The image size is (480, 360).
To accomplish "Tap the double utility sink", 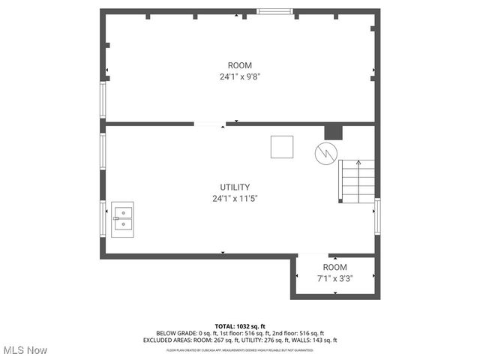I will (x=122, y=219).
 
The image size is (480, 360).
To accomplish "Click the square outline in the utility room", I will (x=282, y=146).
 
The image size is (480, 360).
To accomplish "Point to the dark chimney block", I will (x=332, y=132).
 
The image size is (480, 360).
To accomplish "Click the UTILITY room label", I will (x=235, y=187).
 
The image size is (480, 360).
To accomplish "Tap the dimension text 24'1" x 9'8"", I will (x=240, y=76).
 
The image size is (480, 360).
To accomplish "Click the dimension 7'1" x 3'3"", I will (x=335, y=278).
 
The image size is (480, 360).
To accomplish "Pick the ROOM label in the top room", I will (x=240, y=65).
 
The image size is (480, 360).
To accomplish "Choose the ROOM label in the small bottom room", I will (x=335, y=267).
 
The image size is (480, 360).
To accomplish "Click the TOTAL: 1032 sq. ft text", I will (x=240, y=326).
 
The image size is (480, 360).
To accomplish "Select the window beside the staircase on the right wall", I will (x=376, y=216).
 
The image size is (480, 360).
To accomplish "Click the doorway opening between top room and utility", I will (x=209, y=124).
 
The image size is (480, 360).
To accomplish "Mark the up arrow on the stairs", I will (x=358, y=163).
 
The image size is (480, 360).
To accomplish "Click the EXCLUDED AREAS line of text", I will (x=240, y=340).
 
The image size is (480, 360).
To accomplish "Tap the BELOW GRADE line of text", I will (x=240, y=333).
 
